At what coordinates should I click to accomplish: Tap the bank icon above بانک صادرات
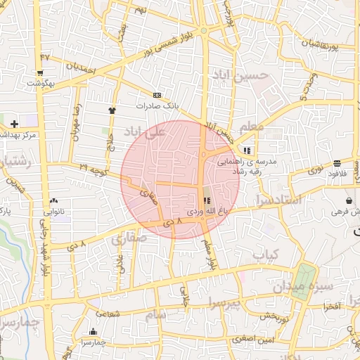pos(156,95)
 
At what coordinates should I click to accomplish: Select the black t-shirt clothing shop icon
pos(112,110)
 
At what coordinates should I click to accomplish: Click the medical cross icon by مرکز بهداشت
pos(14,124)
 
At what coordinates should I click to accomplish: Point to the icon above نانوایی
pos(55,201)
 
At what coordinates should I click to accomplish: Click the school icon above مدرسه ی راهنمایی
pos(247,150)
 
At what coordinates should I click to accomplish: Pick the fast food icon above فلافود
pos(337,164)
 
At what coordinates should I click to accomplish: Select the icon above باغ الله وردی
pos(206,200)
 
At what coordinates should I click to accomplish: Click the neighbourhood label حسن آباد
pos(243,75)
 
